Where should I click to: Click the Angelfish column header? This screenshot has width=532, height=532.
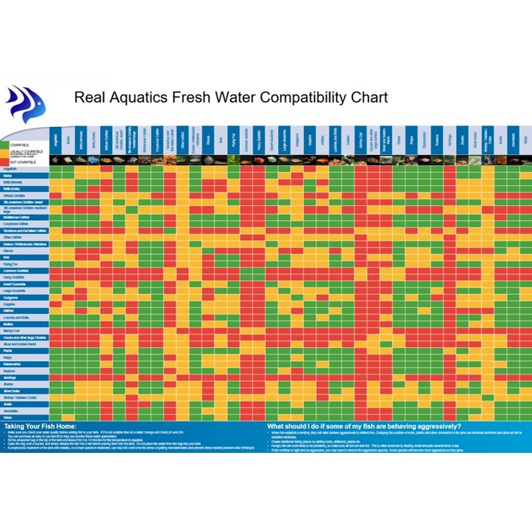tap(57, 140)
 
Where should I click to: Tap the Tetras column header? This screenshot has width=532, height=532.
tap(525, 140)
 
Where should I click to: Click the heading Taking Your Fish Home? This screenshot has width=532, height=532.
tap(40, 426)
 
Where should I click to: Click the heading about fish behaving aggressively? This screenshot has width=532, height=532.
tap(364, 426)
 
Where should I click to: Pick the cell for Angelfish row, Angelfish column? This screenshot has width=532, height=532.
tap(57, 169)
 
